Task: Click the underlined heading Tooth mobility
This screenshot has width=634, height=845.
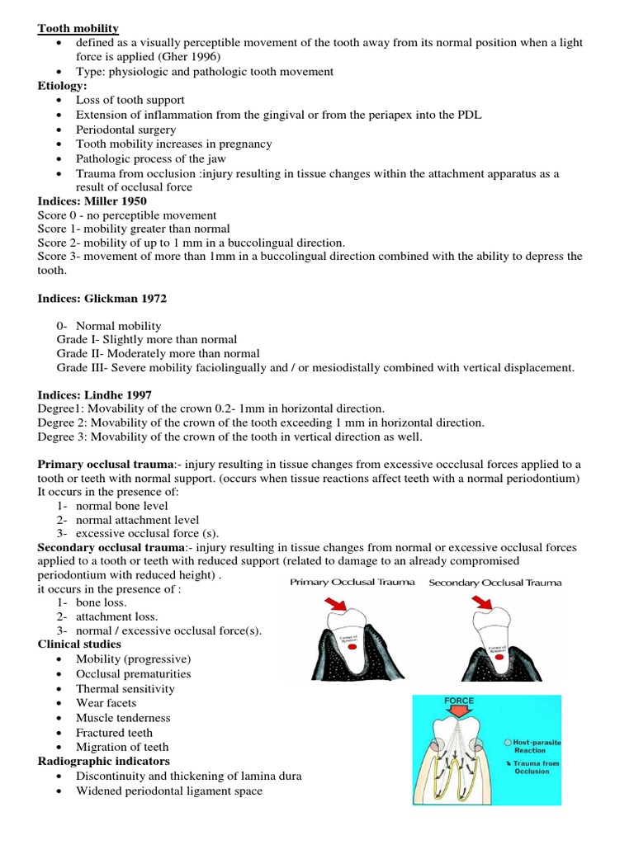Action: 78,28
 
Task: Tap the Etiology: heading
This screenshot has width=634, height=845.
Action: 62,85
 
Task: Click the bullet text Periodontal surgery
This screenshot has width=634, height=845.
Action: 125,130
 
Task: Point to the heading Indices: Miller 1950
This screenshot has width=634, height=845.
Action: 92,201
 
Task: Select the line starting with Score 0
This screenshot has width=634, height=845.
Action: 126,215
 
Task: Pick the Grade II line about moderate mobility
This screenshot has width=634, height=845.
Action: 158,353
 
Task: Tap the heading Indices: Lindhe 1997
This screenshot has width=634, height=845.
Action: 93,394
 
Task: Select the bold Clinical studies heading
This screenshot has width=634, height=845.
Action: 79,644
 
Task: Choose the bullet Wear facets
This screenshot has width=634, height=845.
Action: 106,703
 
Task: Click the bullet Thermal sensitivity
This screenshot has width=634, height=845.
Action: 125,688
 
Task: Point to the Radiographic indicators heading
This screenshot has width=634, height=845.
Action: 103,761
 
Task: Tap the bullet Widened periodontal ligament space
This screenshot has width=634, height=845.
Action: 168,791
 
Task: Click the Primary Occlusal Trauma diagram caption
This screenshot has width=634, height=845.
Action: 352,583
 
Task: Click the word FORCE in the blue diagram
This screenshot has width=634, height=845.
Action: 458,701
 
